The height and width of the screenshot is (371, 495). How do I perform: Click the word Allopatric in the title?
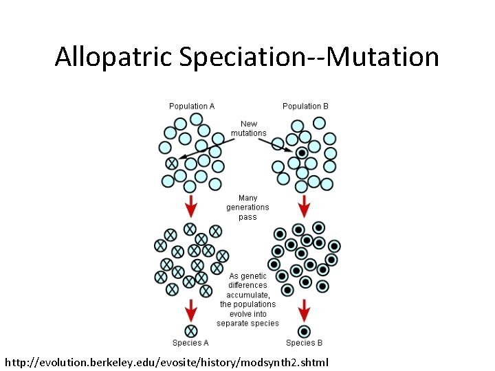(114, 56)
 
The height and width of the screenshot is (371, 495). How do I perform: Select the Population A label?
(192, 106)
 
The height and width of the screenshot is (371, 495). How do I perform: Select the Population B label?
(305, 106)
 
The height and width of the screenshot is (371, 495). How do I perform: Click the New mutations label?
(248, 128)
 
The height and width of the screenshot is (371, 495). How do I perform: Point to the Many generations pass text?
(247, 207)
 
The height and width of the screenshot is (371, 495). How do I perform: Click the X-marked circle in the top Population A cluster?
(172, 164)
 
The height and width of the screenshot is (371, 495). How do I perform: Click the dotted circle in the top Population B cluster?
(301, 153)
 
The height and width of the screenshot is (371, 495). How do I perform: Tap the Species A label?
(190, 343)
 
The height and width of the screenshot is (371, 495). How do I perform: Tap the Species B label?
(304, 343)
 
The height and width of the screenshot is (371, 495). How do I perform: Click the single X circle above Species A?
(191, 330)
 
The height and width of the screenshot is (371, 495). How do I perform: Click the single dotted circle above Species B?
(304, 330)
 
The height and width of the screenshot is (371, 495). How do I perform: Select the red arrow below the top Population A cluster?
(191, 204)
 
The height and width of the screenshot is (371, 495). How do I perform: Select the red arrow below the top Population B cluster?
(304, 204)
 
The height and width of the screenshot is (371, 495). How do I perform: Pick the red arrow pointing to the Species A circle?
(191, 311)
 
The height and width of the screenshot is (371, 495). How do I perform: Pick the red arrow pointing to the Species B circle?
(304, 311)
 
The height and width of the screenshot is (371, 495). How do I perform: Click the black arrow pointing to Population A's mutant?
(206, 149)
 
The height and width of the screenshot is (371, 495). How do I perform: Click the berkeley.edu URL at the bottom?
(167, 361)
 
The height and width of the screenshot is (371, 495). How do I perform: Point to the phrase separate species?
(247, 323)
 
